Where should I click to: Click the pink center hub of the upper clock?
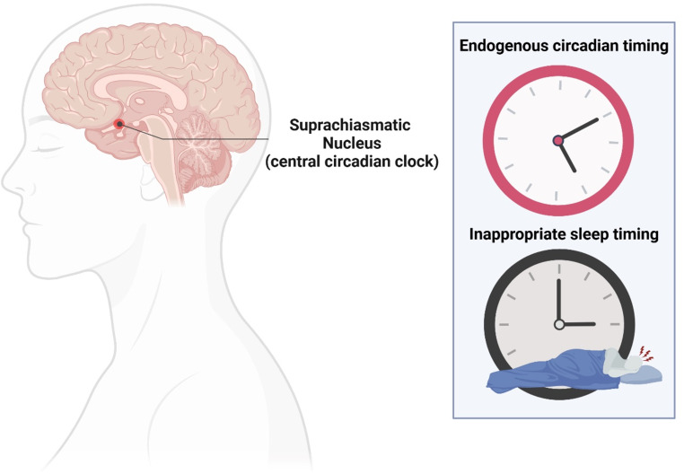[x=558, y=140]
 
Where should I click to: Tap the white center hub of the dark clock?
[x=558, y=323]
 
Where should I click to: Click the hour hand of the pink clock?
[x=566, y=156]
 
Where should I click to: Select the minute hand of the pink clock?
[x=579, y=130]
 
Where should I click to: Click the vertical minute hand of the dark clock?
[x=558, y=301]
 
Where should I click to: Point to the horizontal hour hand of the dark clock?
[x=577, y=323]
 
